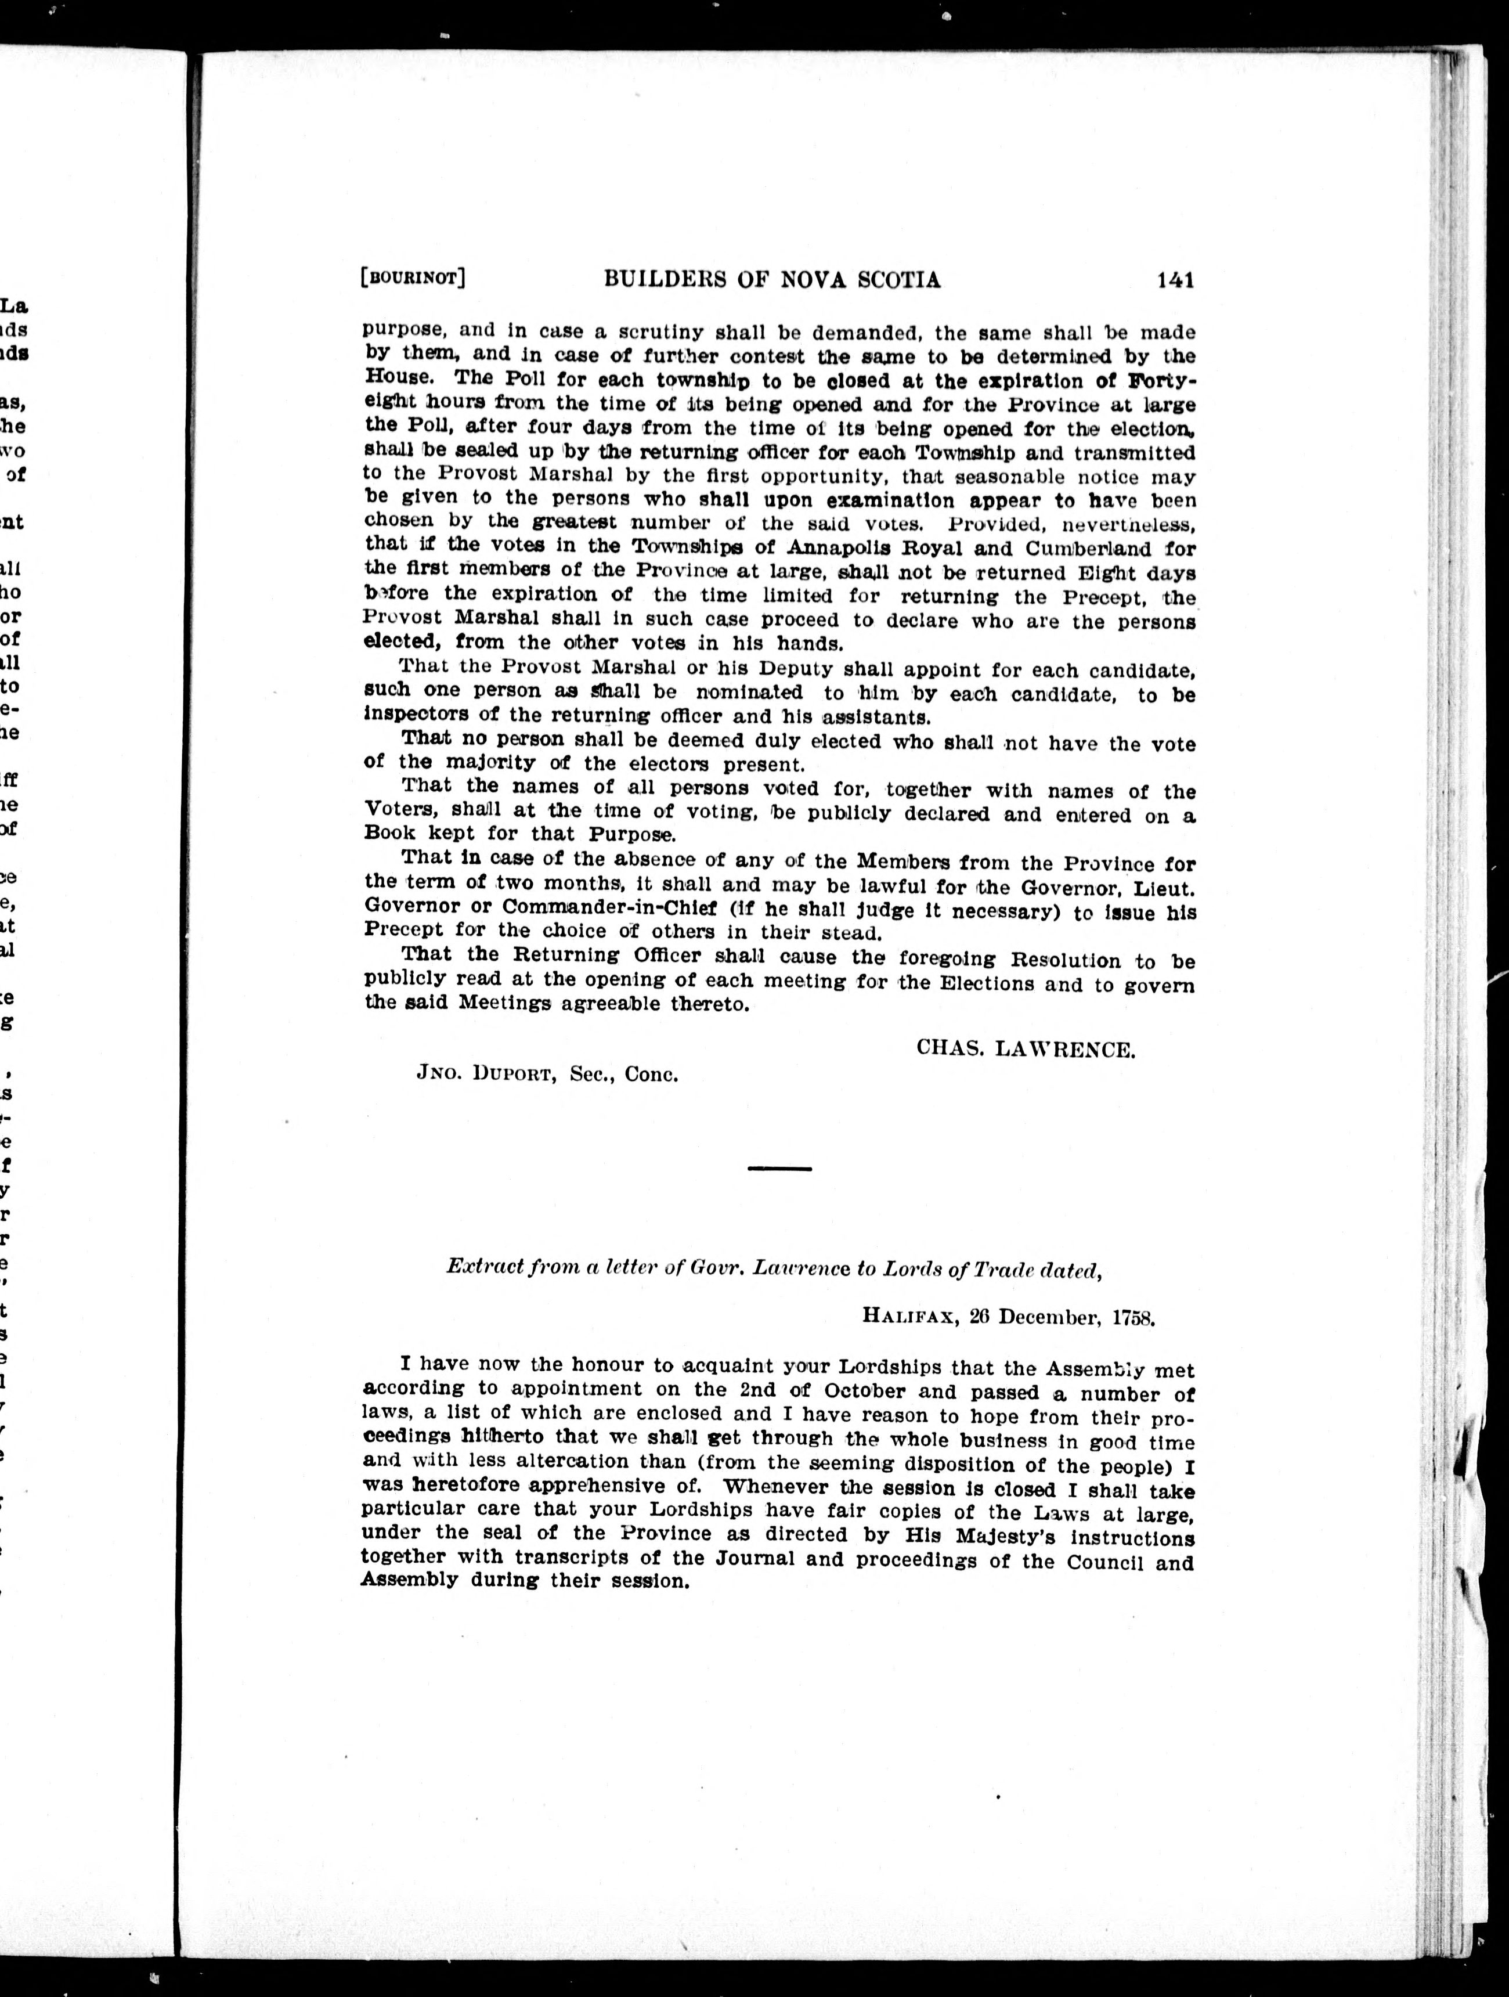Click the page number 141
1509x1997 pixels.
1175,281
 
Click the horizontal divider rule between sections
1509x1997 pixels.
780,1169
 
